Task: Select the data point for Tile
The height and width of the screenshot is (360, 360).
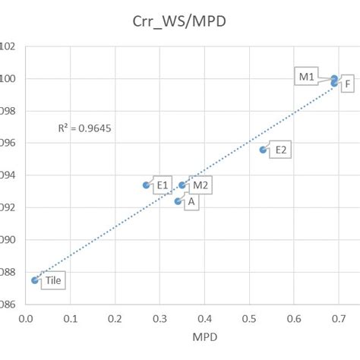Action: click(35, 280)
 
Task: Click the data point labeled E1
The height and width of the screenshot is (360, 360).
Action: click(147, 185)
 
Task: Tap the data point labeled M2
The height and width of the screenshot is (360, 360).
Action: click(182, 185)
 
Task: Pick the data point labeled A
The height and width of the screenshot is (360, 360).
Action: click(178, 201)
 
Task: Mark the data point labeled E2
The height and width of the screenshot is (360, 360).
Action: click(263, 150)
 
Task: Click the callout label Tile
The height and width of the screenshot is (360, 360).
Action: click(53, 280)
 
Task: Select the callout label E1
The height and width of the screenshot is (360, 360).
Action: click(162, 185)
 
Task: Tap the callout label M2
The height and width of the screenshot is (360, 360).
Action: click(200, 185)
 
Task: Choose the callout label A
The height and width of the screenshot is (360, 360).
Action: click(191, 202)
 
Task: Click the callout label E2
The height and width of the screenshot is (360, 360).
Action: click(280, 150)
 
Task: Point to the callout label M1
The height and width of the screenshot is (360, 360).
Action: click(306, 77)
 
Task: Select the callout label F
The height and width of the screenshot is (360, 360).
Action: click(346, 84)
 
